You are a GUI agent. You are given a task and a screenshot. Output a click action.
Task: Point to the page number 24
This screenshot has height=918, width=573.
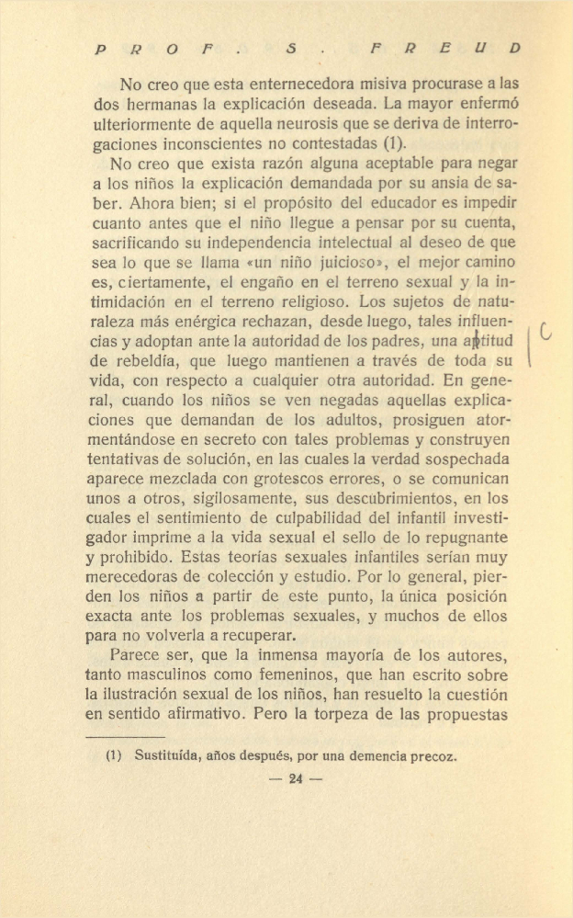(295, 779)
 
